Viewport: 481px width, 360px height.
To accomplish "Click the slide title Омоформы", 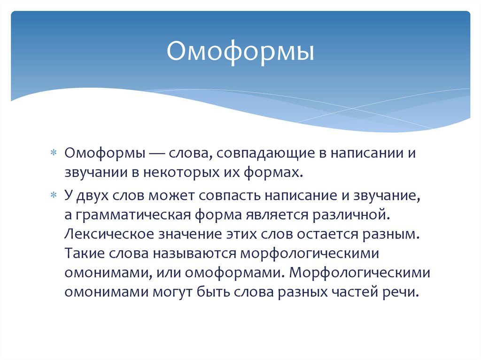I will (240, 53).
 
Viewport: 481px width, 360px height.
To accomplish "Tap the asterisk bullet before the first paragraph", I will (53, 153).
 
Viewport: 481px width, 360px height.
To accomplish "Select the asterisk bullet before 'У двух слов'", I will (53, 194).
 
